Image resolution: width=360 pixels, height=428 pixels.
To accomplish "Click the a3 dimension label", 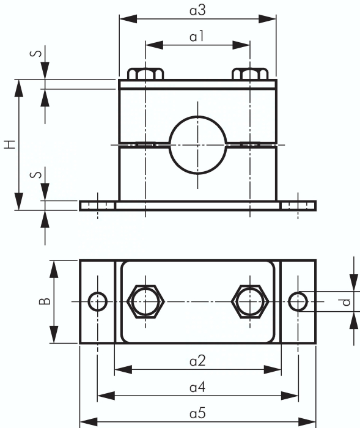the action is click(x=197, y=10).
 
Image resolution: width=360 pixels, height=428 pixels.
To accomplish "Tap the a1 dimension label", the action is click(x=197, y=36).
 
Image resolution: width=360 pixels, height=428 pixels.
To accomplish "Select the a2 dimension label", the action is click(x=197, y=361).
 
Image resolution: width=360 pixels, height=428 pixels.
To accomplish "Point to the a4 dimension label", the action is click(x=197, y=387).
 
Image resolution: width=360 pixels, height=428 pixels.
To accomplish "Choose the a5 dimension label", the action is click(x=197, y=413).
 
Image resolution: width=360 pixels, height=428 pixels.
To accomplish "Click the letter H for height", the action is click(x=10, y=144).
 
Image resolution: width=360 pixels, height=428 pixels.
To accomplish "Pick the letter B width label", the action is click(x=45, y=301).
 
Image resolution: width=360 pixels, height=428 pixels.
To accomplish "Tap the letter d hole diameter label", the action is click(x=347, y=302).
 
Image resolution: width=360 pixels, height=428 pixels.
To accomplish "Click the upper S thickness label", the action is click(x=36, y=53).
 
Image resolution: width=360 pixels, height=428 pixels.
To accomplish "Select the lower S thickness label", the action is click(x=36, y=174).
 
